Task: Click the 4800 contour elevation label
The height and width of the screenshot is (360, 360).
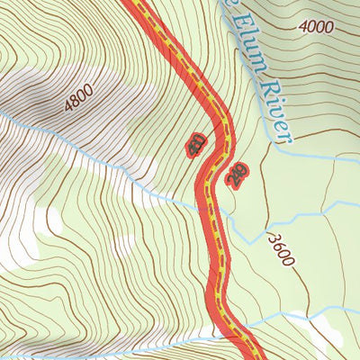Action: pyautogui.click(x=80, y=98)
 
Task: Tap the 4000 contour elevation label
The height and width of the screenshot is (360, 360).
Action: pyautogui.click(x=318, y=27)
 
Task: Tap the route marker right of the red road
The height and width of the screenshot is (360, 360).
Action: pyautogui.click(x=238, y=175)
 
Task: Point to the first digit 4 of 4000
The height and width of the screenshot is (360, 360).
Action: pyautogui.click(x=304, y=28)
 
